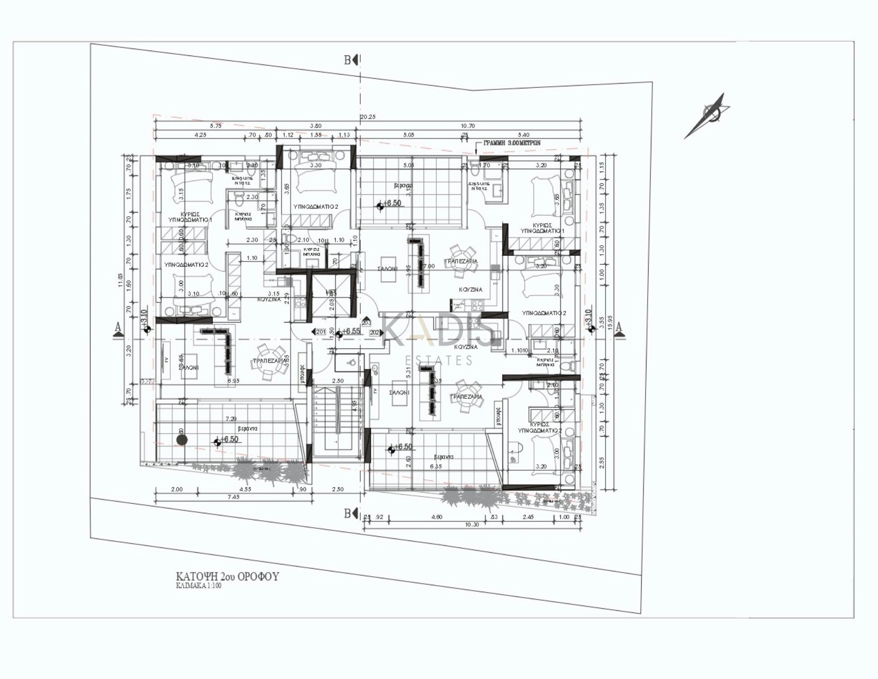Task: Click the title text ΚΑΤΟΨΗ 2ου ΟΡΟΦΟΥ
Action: (x=227, y=577)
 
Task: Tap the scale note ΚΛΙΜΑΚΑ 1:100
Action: (x=198, y=586)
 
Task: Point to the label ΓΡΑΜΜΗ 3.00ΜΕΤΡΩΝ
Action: (x=511, y=143)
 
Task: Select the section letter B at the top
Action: (x=347, y=60)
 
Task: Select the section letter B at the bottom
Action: (x=347, y=513)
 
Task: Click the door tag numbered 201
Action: (x=320, y=332)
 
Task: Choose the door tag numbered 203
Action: (x=367, y=323)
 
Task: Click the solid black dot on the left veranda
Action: (x=182, y=440)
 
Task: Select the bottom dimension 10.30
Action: (x=472, y=525)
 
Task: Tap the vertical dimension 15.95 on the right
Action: (x=610, y=322)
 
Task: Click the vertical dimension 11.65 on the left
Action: (x=121, y=280)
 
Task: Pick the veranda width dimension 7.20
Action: (x=231, y=420)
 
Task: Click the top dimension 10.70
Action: (x=468, y=126)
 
